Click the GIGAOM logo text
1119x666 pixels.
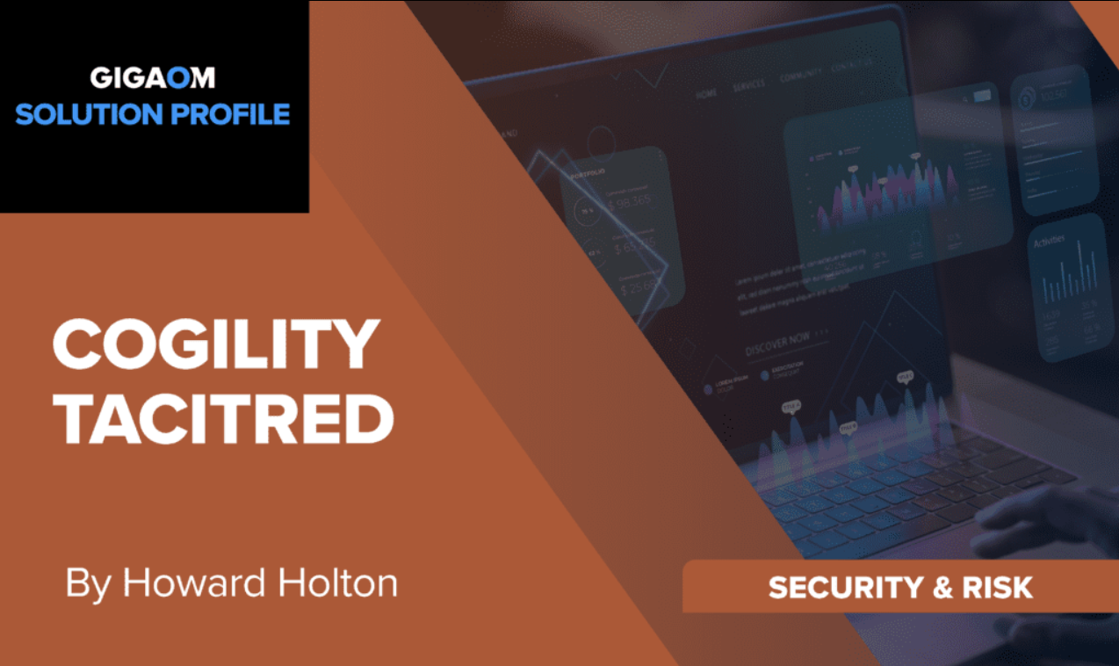pos(152,77)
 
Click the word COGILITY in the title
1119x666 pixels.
pos(216,345)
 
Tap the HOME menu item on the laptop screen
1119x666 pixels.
pos(706,92)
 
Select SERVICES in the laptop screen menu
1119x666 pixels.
pos(747,85)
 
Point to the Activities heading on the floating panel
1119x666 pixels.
pos(1049,242)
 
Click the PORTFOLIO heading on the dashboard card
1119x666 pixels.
pos(588,175)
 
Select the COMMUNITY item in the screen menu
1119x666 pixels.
pos(798,77)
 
